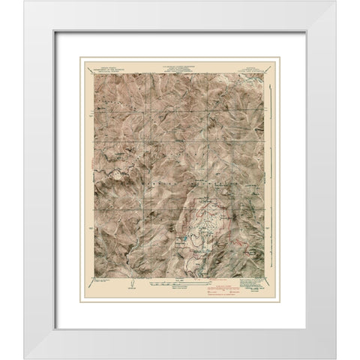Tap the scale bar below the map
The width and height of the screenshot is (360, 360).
(179, 283)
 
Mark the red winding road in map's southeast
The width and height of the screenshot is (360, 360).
(236, 243)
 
